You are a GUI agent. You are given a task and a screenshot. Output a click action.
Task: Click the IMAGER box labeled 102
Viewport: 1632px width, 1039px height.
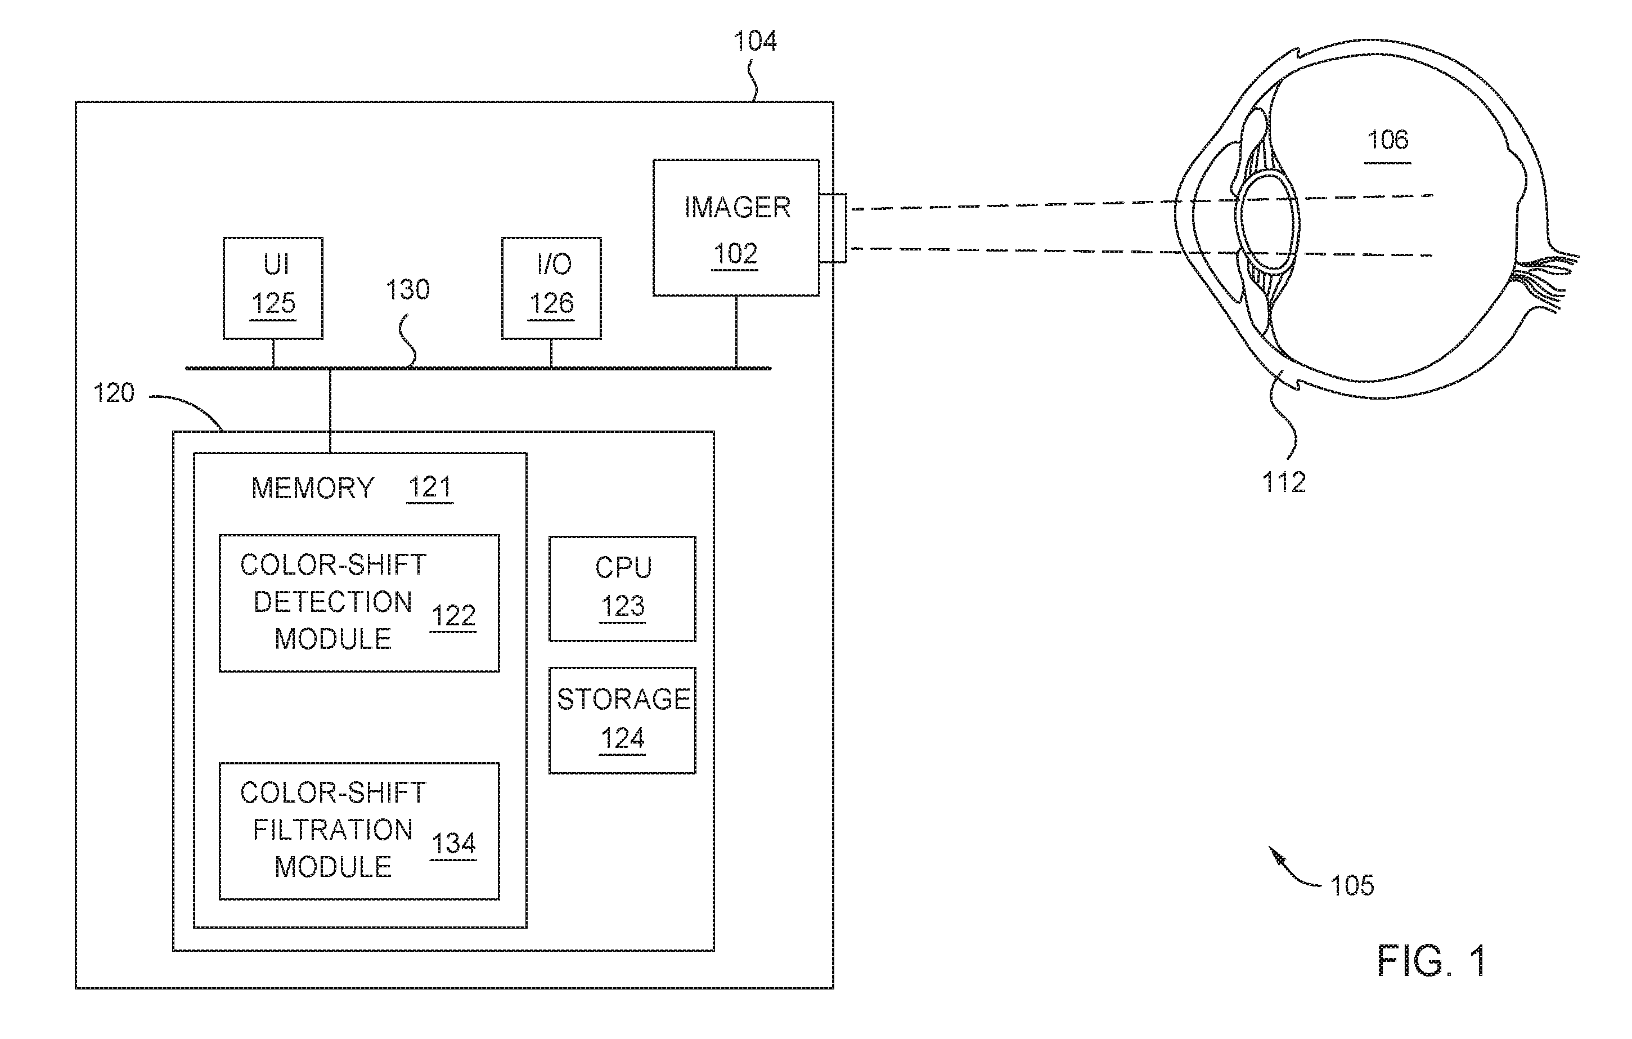736,227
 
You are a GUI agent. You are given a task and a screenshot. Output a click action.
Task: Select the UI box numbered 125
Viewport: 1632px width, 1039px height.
273,288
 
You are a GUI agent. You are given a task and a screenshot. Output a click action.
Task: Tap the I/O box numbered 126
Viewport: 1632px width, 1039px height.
551,288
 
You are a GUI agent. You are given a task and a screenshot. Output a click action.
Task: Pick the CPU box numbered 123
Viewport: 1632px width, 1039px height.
622,589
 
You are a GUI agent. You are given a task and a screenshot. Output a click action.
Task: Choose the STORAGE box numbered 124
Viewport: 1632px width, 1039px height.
622,720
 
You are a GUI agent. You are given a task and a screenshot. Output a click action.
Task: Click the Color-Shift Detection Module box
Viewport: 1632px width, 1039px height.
359,603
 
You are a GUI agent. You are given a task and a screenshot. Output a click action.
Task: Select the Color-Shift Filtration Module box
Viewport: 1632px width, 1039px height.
359,831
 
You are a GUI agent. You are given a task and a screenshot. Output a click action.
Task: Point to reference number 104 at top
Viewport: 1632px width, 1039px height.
755,42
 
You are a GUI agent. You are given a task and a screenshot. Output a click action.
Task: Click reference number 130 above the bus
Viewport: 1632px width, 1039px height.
408,290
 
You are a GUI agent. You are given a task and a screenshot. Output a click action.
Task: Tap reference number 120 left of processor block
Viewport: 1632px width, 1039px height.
114,393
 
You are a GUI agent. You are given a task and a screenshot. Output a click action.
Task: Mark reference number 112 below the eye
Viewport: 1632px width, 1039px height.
1284,482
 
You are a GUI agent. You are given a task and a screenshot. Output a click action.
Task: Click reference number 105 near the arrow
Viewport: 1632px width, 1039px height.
1352,885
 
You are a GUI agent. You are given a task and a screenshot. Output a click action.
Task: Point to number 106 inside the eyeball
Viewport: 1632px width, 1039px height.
1387,140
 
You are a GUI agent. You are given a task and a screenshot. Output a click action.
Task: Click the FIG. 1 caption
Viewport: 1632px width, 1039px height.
1431,961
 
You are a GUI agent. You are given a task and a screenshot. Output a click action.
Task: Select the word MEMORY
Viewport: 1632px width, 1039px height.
312,489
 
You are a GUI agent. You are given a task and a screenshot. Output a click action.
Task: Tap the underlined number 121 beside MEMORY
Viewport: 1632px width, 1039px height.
430,487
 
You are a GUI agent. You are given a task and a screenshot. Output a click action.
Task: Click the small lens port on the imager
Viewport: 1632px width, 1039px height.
833,229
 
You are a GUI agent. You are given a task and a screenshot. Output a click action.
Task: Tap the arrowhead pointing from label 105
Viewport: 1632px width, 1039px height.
1276,855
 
